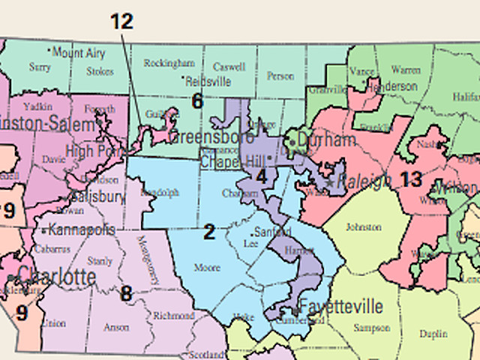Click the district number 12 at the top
pyautogui.click(x=121, y=21)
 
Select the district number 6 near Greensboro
pyautogui.click(x=197, y=100)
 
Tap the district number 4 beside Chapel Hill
pyautogui.click(x=261, y=175)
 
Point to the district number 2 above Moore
pyautogui.click(x=209, y=232)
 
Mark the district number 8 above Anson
pyautogui.click(x=126, y=293)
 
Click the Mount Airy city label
pyautogui.click(x=79, y=52)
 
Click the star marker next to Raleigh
pyautogui.click(x=330, y=182)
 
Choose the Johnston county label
pyautogui.click(x=362, y=226)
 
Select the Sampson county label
pyautogui.click(x=373, y=328)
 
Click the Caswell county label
pyautogui.click(x=229, y=66)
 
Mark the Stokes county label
pyautogui.click(x=100, y=72)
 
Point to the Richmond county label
pyautogui.click(x=173, y=316)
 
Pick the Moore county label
pyautogui.click(x=208, y=267)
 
